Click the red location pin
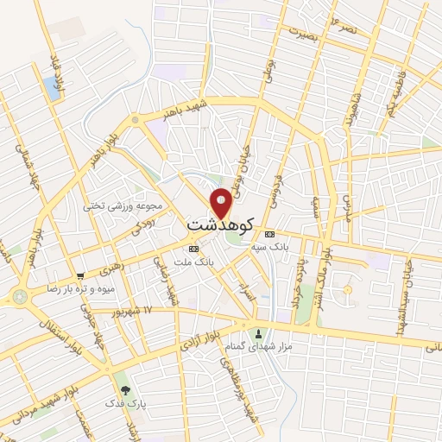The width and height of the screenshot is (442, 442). (x=222, y=202)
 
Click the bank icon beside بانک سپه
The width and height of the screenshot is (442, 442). (x=269, y=234)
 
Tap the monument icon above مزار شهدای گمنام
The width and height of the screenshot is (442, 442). (x=256, y=334)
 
